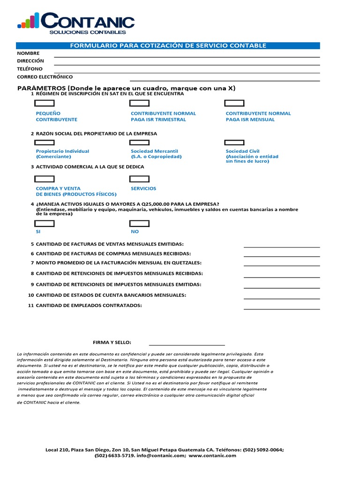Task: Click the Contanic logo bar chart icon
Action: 28,20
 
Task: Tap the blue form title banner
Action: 168,45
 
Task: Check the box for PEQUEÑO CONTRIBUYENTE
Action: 45,104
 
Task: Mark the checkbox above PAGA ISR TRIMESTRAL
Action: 139,104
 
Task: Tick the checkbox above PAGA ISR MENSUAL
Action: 234,104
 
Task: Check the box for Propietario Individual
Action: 45,142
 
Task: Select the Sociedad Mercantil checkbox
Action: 139,142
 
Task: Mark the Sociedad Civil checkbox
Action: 234,142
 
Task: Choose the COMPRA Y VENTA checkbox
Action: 45,179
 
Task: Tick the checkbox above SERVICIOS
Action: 139,179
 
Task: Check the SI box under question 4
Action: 45,223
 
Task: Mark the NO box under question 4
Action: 139,223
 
